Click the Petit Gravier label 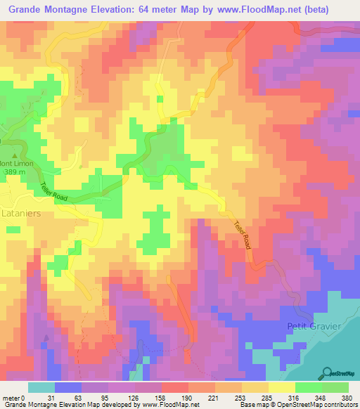[313, 326]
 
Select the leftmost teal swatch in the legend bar [41, 387]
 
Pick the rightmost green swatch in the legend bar [336, 387]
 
